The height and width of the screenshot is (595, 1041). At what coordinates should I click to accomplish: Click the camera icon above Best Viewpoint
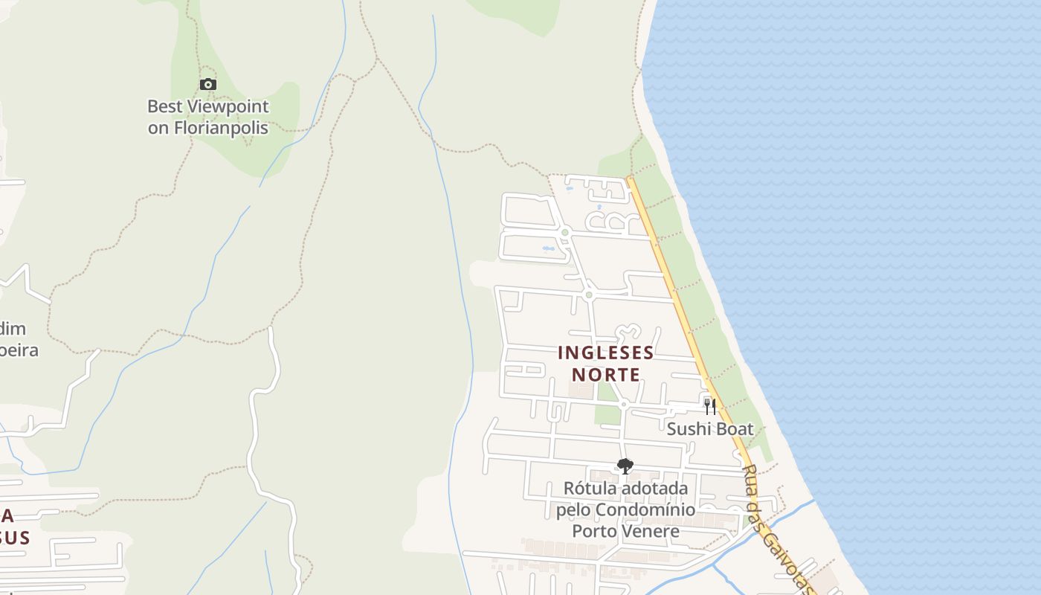[x=208, y=85]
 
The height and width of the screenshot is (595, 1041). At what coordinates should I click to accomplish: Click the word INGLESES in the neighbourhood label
[x=606, y=353]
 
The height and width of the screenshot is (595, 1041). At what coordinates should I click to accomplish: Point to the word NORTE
[x=606, y=374]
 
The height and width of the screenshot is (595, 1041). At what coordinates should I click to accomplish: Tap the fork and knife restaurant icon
[x=710, y=406]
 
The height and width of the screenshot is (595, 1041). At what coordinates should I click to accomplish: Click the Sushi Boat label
[x=709, y=429]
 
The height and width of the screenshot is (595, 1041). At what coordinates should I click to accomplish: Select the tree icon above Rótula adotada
[x=625, y=466]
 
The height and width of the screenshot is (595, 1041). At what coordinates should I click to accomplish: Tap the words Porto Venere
[x=625, y=531]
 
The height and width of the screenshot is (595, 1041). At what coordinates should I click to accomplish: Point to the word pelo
[x=573, y=510]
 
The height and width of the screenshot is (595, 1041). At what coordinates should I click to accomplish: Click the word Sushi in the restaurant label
[x=687, y=429]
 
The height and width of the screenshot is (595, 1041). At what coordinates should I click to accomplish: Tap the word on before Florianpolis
[x=158, y=127]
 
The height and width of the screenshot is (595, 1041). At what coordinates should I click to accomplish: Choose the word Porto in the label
[x=593, y=531]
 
